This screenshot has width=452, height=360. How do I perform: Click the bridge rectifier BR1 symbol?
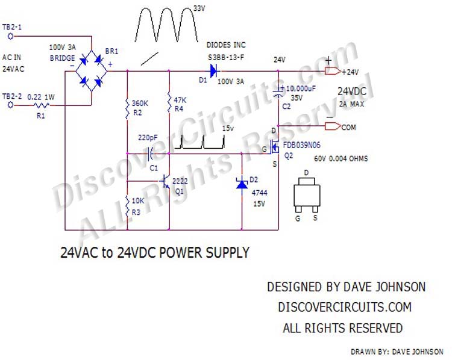coord(90,71)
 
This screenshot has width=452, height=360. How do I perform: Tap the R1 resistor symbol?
coord(42,104)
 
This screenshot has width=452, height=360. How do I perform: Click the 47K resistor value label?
coord(181,99)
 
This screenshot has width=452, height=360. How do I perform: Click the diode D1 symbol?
coord(213,71)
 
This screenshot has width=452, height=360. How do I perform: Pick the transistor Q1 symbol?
coord(166,181)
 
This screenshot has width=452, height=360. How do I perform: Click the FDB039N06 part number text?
coord(308,145)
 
